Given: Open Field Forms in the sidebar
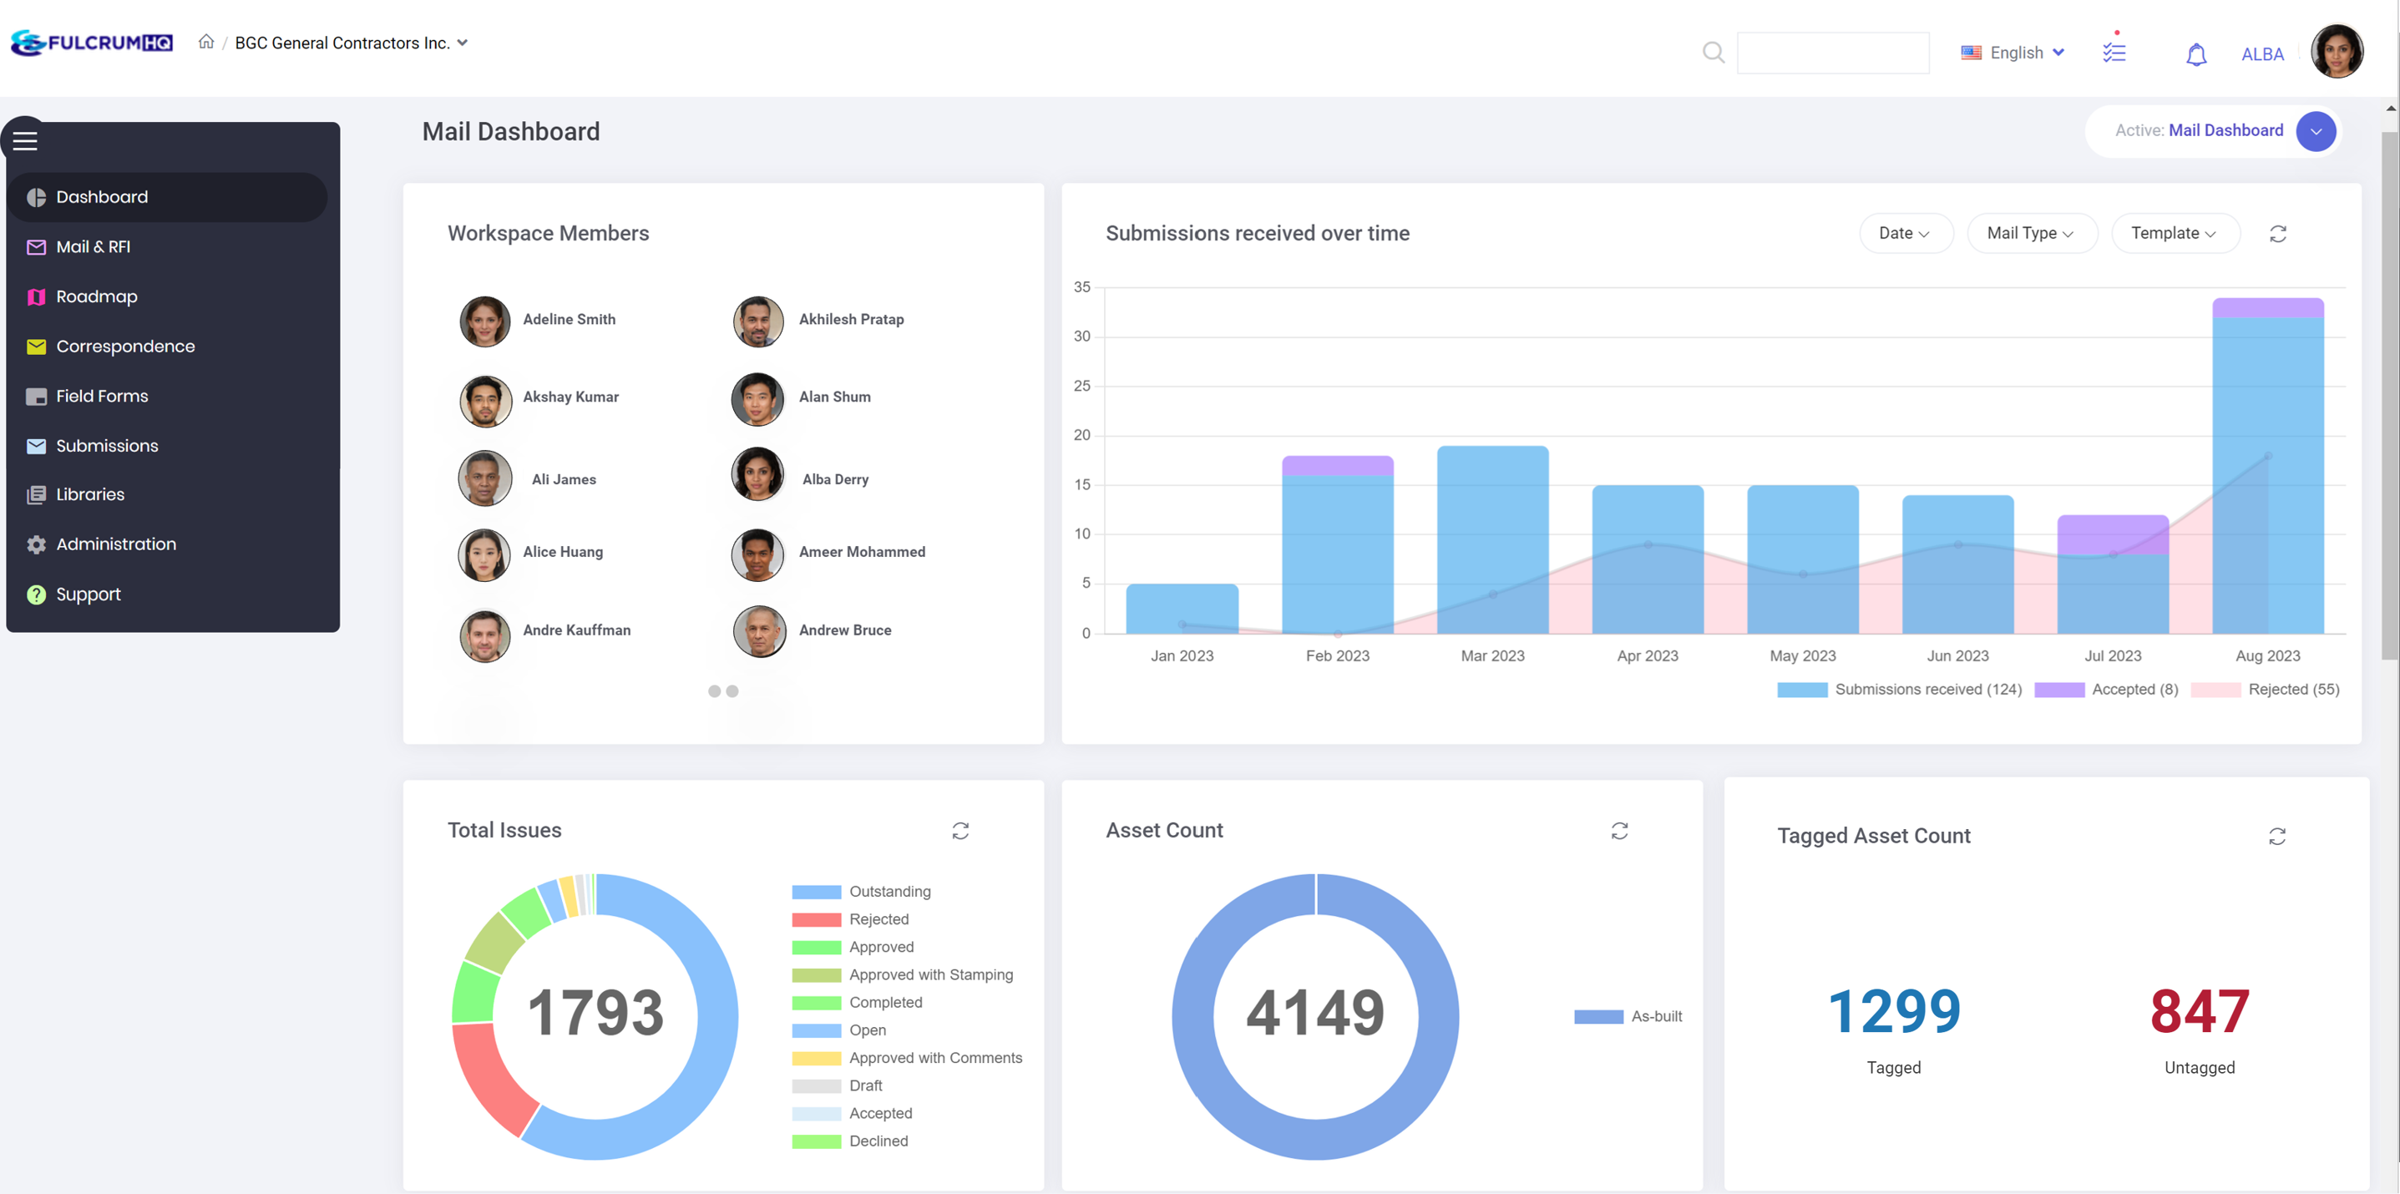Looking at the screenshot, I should click(102, 396).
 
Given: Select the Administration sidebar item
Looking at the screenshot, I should click(115, 544).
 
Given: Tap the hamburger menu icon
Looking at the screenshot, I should click(25, 140).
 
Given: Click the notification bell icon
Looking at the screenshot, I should click(2196, 55).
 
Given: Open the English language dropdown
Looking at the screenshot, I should click(2013, 53).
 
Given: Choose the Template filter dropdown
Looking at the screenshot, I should click(2174, 233).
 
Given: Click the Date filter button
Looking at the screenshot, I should click(1904, 233).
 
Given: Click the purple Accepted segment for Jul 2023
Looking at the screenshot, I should click(2112, 534).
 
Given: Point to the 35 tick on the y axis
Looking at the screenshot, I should click(1081, 287).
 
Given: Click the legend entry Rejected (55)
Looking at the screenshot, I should click(2265, 689).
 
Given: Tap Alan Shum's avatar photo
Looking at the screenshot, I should click(757, 398).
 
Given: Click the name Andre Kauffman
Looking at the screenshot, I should click(577, 630).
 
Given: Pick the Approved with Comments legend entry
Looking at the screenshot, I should click(934, 1058).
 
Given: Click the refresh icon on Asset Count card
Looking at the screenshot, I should click(1619, 831).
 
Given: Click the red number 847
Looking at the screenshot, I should click(2199, 1011).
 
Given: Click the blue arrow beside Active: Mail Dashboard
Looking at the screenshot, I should click(2315, 131).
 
